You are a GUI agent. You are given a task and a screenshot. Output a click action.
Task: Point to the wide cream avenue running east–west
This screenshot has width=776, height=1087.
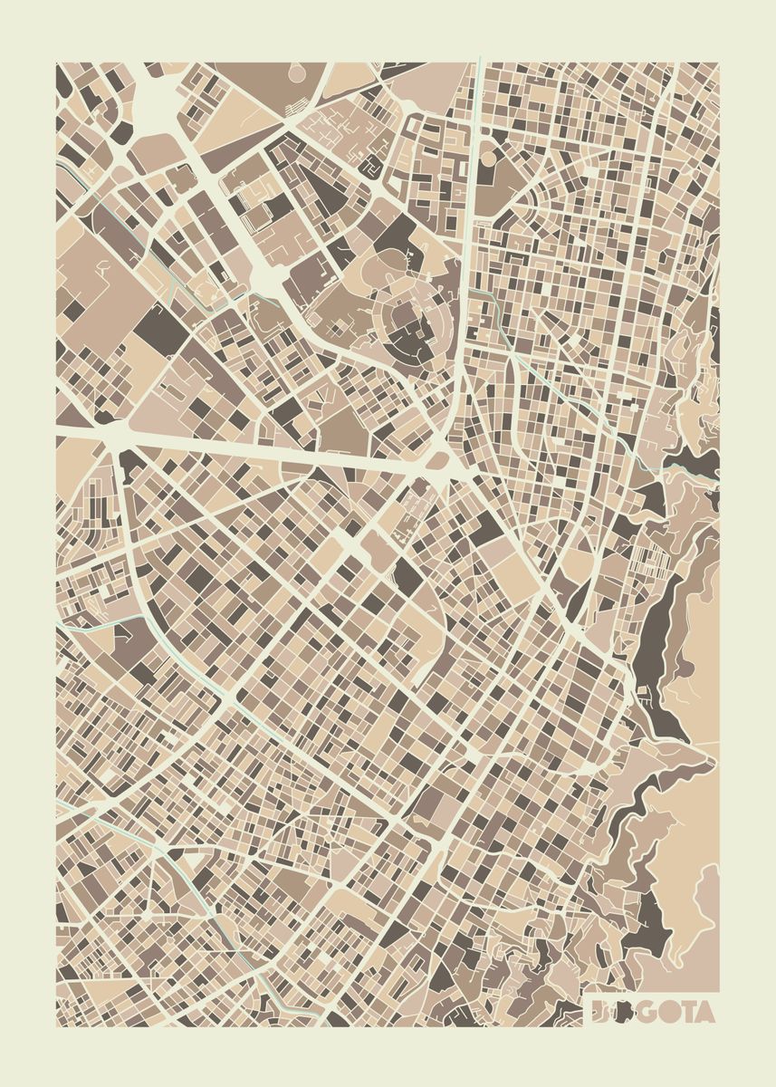click(272, 449)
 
